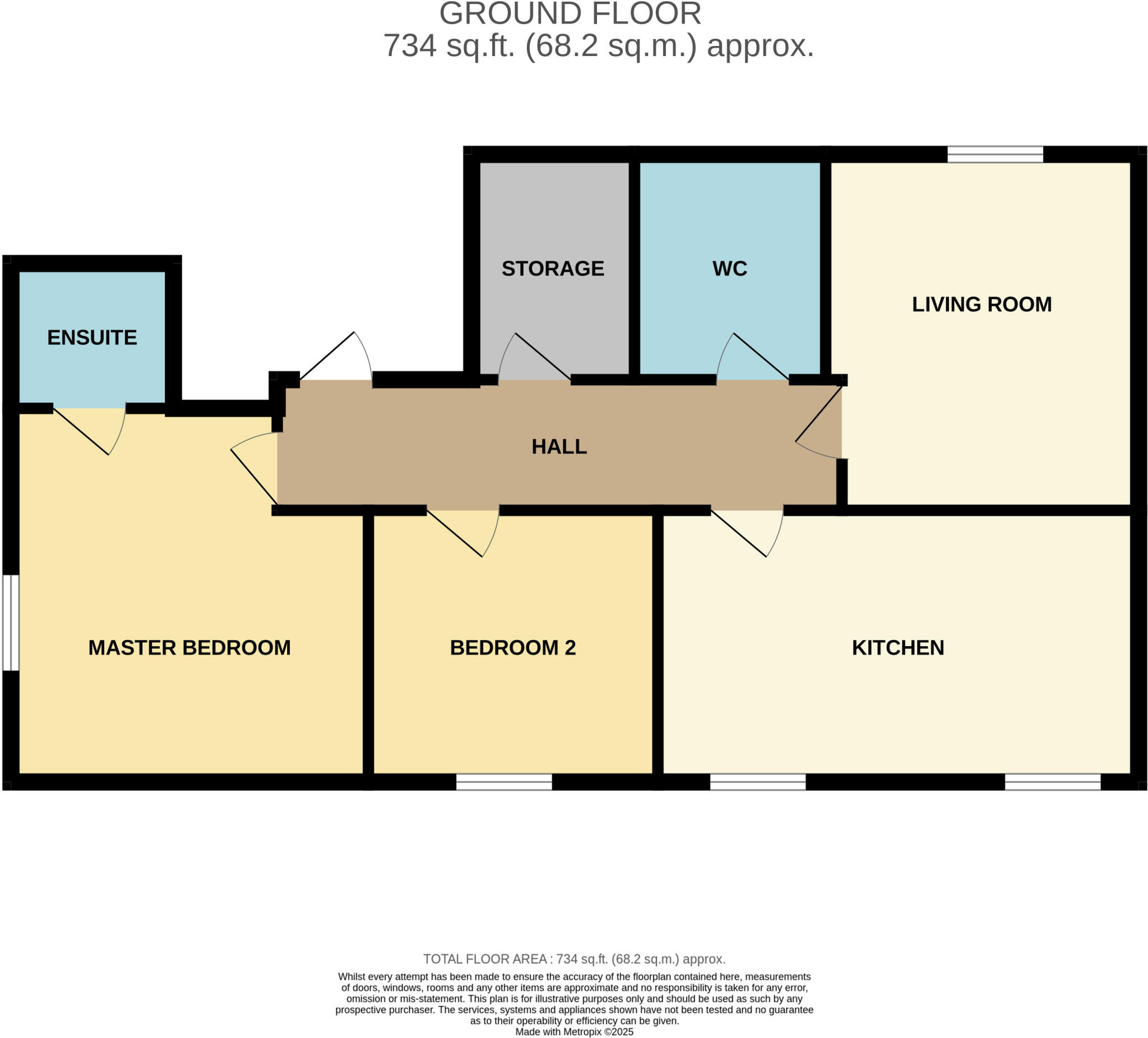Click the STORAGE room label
pos(552,268)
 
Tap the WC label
pos(729,268)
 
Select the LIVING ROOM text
pos(982,304)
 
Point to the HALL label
pos(559,446)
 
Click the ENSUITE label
pos(92,337)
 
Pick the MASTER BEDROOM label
pos(189,648)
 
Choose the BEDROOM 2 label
pos(512,648)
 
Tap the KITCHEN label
pos(898,648)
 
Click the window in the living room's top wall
pos(995,154)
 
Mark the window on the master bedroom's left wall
pos(11,622)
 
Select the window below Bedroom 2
pos(504,782)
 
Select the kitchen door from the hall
pos(746,533)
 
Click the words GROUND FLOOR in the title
pos(570,13)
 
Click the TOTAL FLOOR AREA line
pos(574,959)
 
